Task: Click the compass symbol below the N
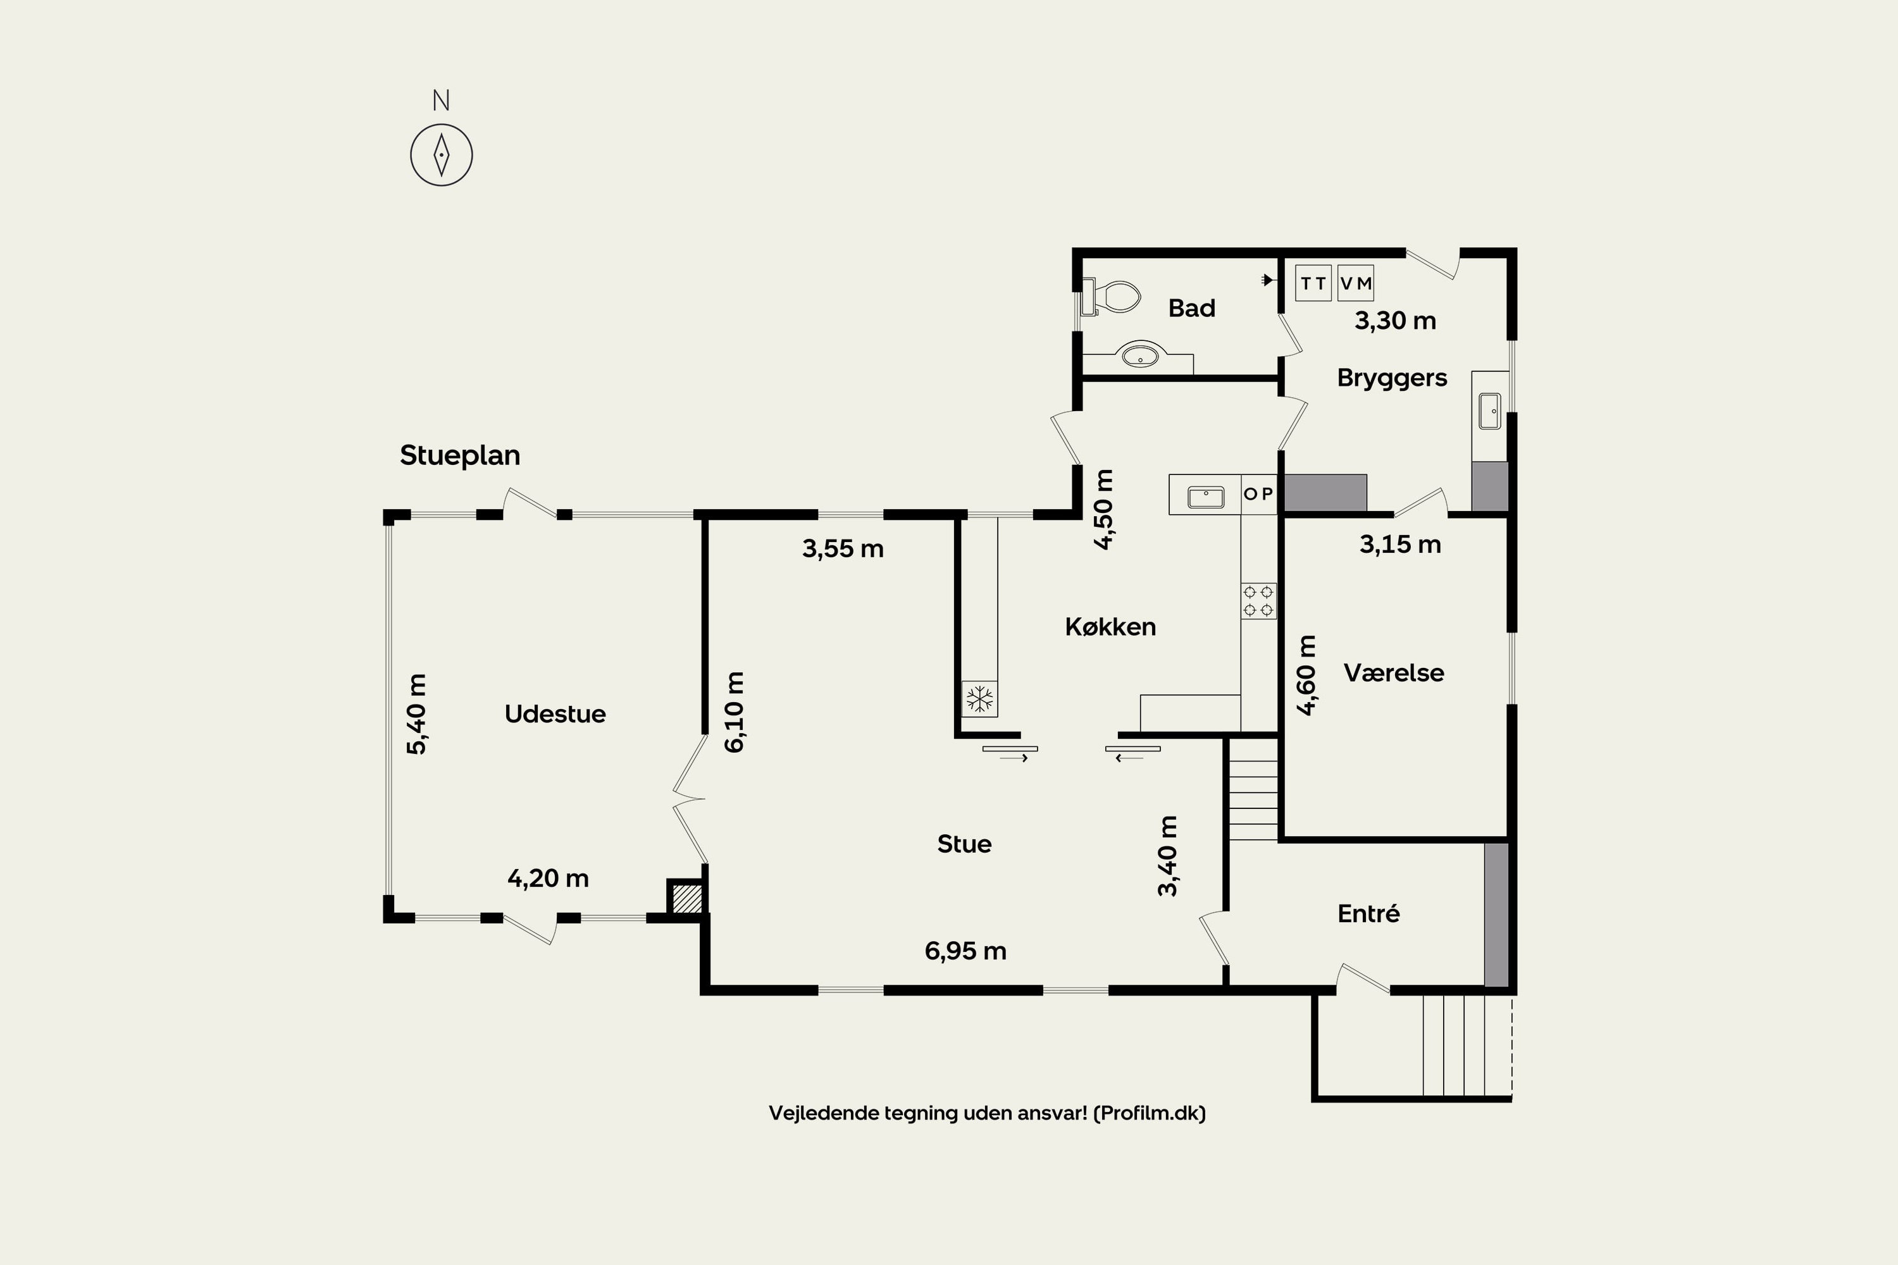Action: pyautogui.click(x=442, y=155)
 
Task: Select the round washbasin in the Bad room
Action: pyautogui.click(x=1139, y=354)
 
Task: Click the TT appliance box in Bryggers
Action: pyautogui.click(x=1313, y=283)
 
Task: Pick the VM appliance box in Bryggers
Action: pyautogui.click(x=1356, y=283)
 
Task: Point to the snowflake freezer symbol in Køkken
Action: pyautogui.click(x=979, y=699)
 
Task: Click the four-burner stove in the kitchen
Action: pyautogui.click(x=1258, y=601)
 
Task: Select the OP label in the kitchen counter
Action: pyautogui.click(x=1258, y=494)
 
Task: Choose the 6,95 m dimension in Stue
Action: pyautogui.click(x=965, y=951)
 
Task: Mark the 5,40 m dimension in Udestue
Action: pyautogui.click(x=416, y=714)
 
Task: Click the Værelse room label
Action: pyautogui.click(x=1394, y=673)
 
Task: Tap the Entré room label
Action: pyautogui.click(x=1368, y=913)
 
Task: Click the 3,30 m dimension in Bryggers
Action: pyautogui.click(x=1395, y=321)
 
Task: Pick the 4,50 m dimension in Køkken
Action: pyautogui.click(x=1103, y=509)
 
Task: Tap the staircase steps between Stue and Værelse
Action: pyautogui.click(x=1253, y=789)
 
